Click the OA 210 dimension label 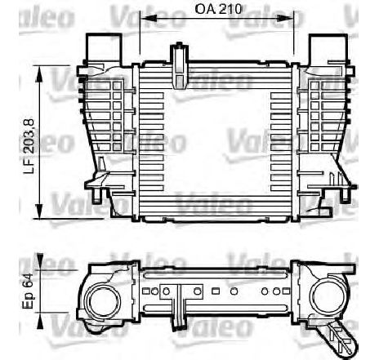click(218, 9)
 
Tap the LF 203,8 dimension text click(29, 146)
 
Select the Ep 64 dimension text click(28, 291)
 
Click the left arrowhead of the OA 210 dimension click(148, 18)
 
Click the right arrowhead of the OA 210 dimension click(286, 18)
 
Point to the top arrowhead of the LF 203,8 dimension click(40, 73)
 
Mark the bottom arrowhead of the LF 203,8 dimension click(40, 210)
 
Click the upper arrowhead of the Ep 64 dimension click(40, 261)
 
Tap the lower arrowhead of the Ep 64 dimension click(40, 320)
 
